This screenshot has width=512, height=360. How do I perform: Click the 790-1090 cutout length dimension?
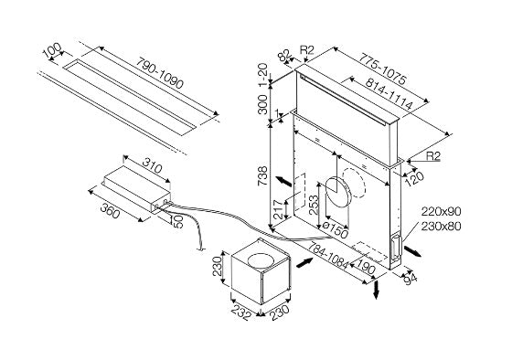(x=160, y=73)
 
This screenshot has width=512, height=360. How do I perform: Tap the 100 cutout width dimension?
(x=52, y=51)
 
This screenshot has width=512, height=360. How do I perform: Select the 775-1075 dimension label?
(x=383, y=69)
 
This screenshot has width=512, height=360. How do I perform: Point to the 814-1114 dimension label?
(x=389, y=93)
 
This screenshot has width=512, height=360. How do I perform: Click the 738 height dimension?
(x=263, y=176)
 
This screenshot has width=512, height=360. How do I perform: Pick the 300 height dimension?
(x=263, y=104)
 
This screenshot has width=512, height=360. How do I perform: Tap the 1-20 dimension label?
(x=263, y=75)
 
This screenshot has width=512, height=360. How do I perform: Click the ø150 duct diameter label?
(x=335, y=229)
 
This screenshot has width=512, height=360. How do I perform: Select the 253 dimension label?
(x=314, y=205)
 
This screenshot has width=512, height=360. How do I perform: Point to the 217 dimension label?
(x=278, y=209)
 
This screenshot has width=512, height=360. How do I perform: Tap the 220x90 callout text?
(x=441, y=211)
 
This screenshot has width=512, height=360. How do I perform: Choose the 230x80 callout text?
(x=441, y=226)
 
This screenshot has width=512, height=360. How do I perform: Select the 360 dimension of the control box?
(x=110, y=210)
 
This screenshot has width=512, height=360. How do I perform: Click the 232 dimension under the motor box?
(x=241, y=313)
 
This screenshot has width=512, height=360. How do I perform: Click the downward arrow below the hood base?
(x=376, y=289)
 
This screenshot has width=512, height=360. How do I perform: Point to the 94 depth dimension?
(x=411, y=279)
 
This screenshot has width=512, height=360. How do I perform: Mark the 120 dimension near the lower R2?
(x=414, y=178)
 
